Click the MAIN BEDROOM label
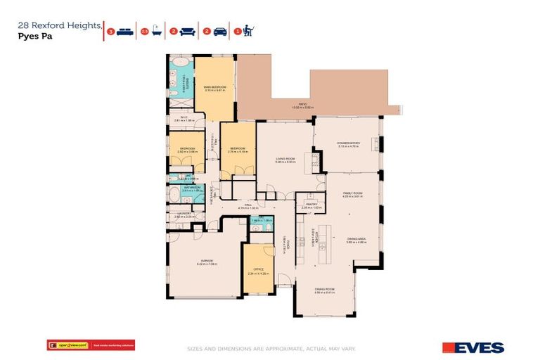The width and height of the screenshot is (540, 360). pos(214,87)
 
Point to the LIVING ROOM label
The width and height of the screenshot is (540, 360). pos(285,160)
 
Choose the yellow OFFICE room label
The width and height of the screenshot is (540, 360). pos(258,270)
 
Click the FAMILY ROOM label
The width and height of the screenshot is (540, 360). pos(352,193)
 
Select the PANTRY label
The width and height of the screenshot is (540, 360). pos(311,205)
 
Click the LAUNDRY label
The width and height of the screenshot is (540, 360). pos(183,214)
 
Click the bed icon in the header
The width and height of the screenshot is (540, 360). pos(124,31)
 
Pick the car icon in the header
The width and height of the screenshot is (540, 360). pos(220,31)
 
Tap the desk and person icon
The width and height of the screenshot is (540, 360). pos(250,31)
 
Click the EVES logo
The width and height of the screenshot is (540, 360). pos(472,347)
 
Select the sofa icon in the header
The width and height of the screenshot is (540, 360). pos(188,31)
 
